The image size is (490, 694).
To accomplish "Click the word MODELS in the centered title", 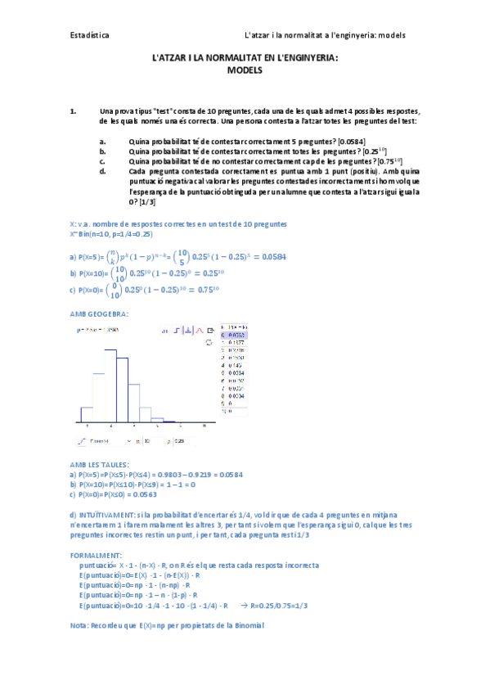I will pyautogui.click(x=245, y=71).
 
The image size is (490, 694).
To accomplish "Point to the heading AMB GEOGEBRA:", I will pyautogui.click(x=99, y=314).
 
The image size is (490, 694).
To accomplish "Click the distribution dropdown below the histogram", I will pyautogui.click(x=102, y=440).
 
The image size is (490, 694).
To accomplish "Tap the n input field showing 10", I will pyautogui.click(x=146, y=440).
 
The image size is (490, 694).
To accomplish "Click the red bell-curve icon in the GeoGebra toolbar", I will pyautogui.click(x=199, y=331).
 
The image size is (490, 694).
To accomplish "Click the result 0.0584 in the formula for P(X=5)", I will pyautogui.click(x=271, y=257).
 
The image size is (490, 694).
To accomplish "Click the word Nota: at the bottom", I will pyautogui.click(x=83, y=625).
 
